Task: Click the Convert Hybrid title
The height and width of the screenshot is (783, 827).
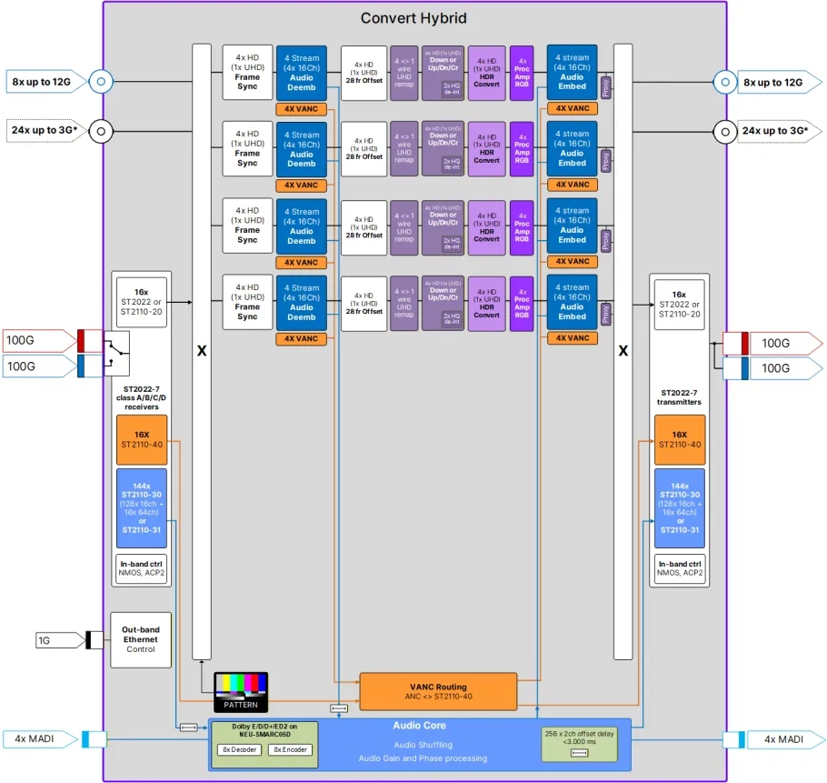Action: (413, 18)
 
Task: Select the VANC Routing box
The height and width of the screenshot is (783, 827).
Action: (438, 691)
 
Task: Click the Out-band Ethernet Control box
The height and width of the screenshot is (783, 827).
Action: (141, 639)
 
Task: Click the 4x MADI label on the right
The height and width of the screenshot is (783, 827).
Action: (782, 738)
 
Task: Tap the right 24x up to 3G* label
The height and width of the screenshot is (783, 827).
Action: (775, 130)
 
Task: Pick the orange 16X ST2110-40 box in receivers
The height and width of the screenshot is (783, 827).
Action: (142, 439)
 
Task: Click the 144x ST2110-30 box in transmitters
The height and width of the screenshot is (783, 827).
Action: (679, 507)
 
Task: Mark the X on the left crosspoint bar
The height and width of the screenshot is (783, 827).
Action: (202, 350)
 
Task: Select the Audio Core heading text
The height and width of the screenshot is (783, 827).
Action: (419, 726)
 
